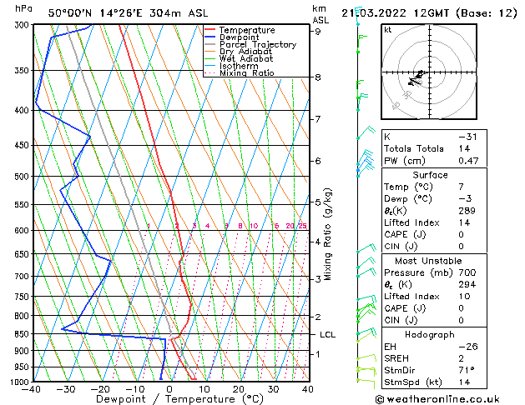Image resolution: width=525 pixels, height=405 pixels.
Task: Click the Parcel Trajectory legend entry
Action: (257, 44)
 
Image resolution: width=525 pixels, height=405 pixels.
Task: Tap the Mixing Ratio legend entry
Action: (246, 73)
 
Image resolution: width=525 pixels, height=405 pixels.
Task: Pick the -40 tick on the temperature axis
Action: (32, 389)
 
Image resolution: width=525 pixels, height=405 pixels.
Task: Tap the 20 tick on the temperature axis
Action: (239, 389)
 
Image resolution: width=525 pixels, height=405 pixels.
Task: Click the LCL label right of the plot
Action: (328, 334)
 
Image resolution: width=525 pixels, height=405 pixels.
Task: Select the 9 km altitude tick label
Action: (317, 32)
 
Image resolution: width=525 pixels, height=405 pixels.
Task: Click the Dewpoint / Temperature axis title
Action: (169, 399)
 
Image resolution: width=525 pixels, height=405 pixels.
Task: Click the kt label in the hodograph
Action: (388, 30)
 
